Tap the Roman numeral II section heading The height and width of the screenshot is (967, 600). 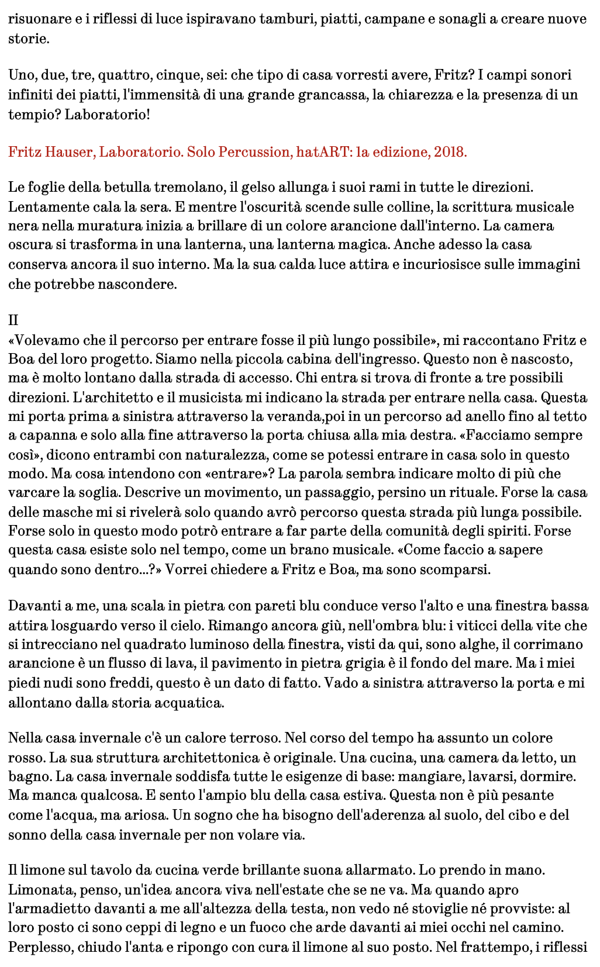coord(13,320)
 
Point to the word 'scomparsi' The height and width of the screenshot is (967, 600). coord(460,569)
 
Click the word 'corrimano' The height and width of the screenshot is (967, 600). coord(554,644)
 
